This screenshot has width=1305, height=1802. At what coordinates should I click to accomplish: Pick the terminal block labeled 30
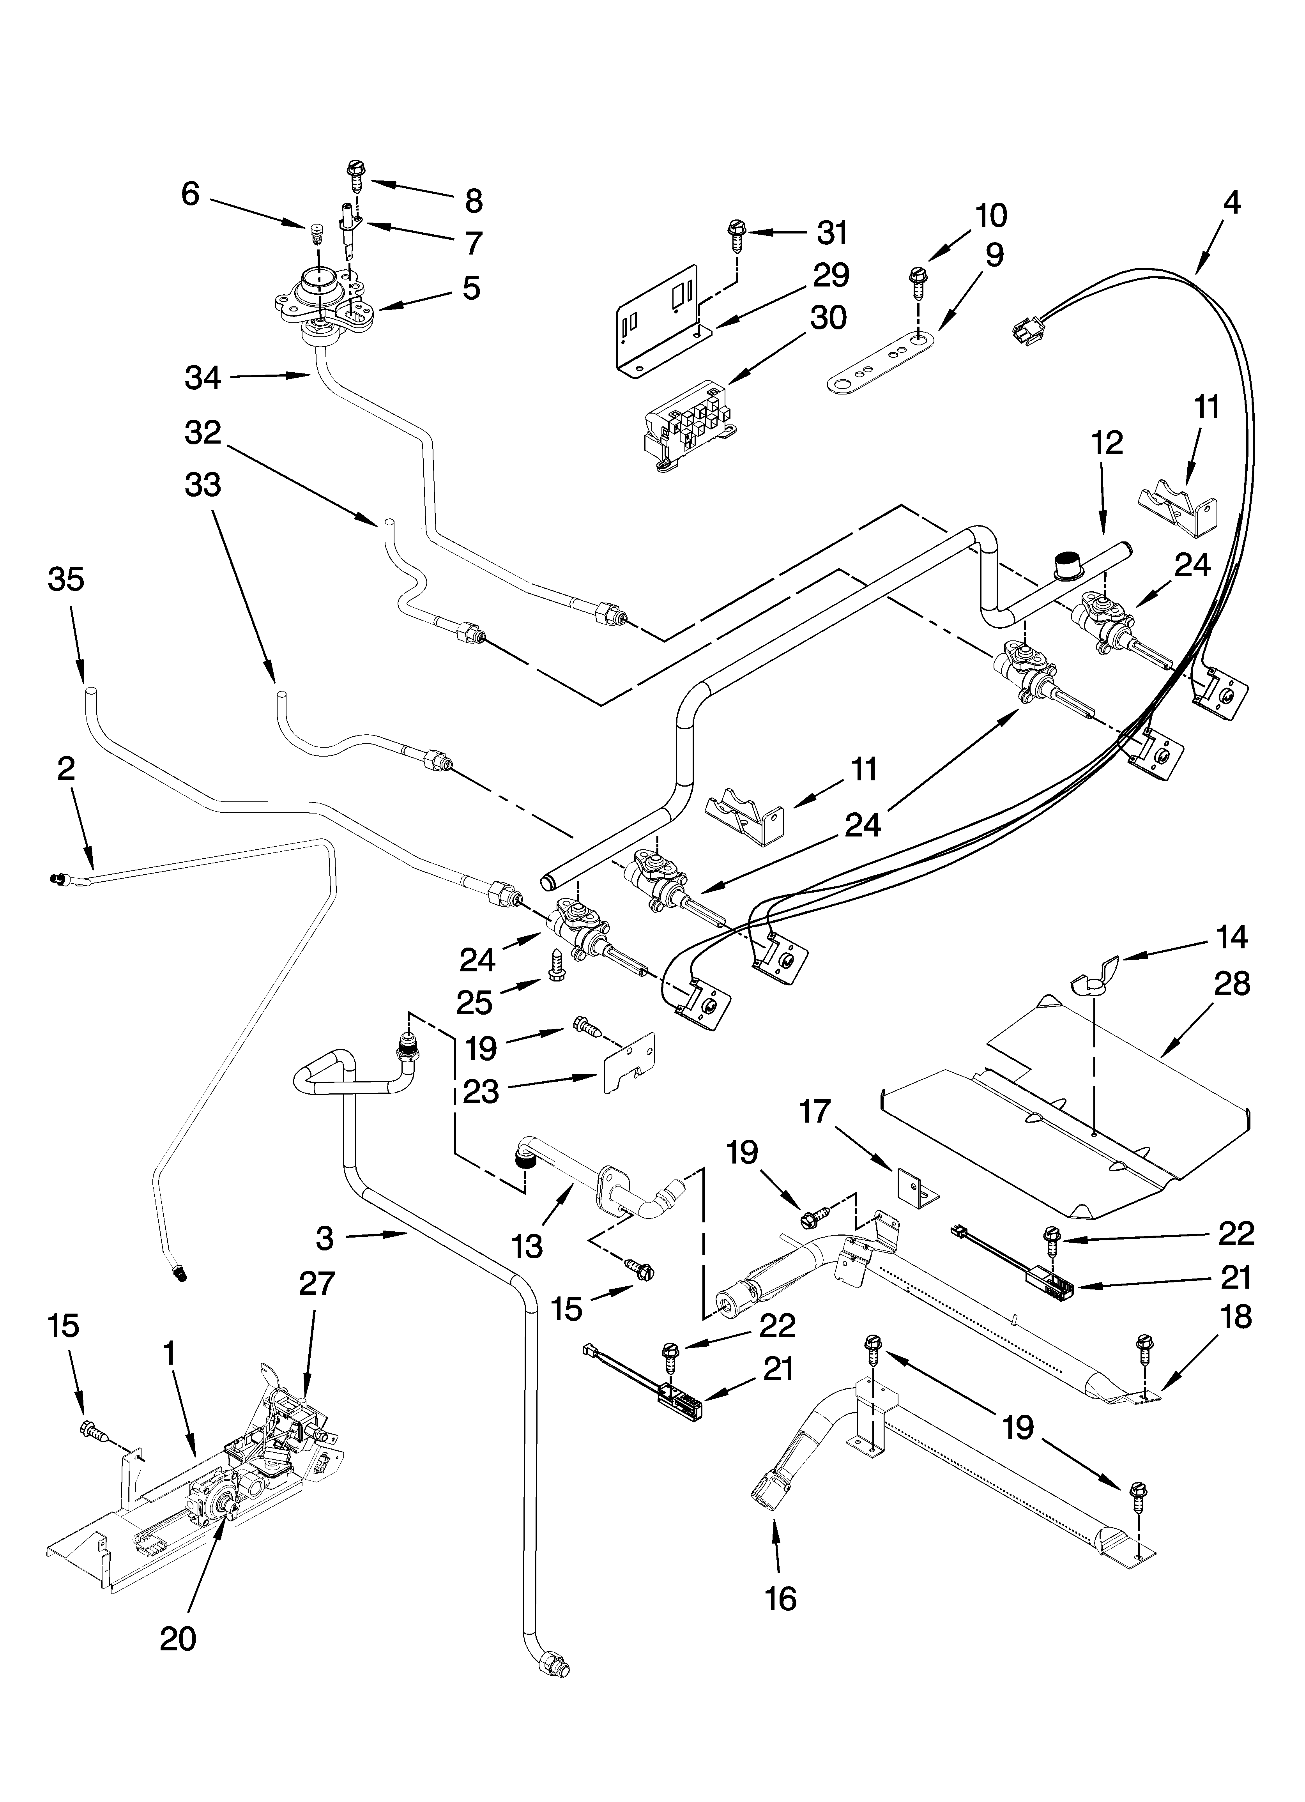pyautogui.click(x=690, y=422)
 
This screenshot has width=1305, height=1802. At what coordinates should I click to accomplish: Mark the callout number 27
pyautogui.click(x=317, y=1283)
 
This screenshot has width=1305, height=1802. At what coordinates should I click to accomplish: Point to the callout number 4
pyautogui.click(x=1231, y=203)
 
